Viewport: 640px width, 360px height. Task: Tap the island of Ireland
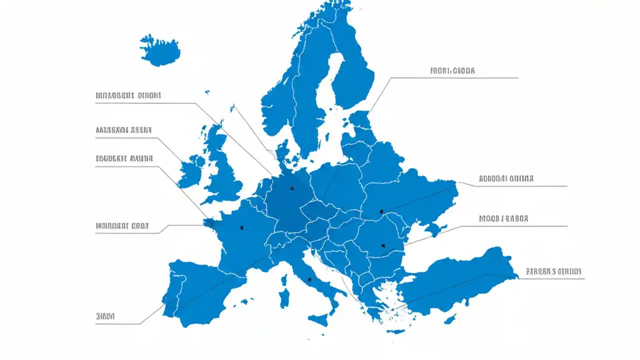tap(191, 171)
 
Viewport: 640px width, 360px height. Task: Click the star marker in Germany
tap(292, 188)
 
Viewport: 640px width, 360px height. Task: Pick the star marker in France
tap(242, 227)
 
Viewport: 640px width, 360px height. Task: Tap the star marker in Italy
tap(309, 279)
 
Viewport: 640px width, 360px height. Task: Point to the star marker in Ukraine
tap(381, 211)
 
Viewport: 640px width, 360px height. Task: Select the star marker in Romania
tap(383, 245)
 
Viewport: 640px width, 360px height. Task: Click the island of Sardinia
tap(284, 297)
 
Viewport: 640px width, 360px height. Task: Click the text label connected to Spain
tap(105, 316)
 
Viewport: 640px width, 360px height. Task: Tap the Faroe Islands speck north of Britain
tap(206, 91)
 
